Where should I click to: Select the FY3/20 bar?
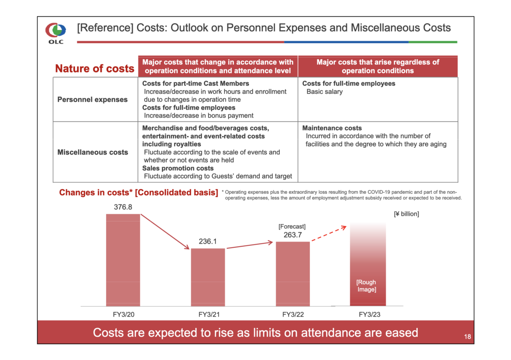(x=123, y=260)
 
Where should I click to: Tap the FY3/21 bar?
(x=208, y=277)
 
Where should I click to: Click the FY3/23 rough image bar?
(x=368, y=264)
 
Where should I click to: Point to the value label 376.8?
(x=123, y=207)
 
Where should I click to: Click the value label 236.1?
(x=208, y=242)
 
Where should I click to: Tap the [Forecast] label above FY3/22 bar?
(x=292, y=227)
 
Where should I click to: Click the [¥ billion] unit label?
(x=406, y=214)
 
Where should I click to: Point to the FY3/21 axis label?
(x=208, y=315)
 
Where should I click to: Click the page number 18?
(x=467, y=337)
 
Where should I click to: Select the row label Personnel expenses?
(x=92, y=100)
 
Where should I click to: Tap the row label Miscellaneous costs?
(x=92, y=152)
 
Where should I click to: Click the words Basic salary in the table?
(x=324, y=92)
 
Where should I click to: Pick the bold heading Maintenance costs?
(x=332, y=128)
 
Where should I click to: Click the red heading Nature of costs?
(x=95, y=69)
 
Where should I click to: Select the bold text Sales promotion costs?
(x=178, y=168)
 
